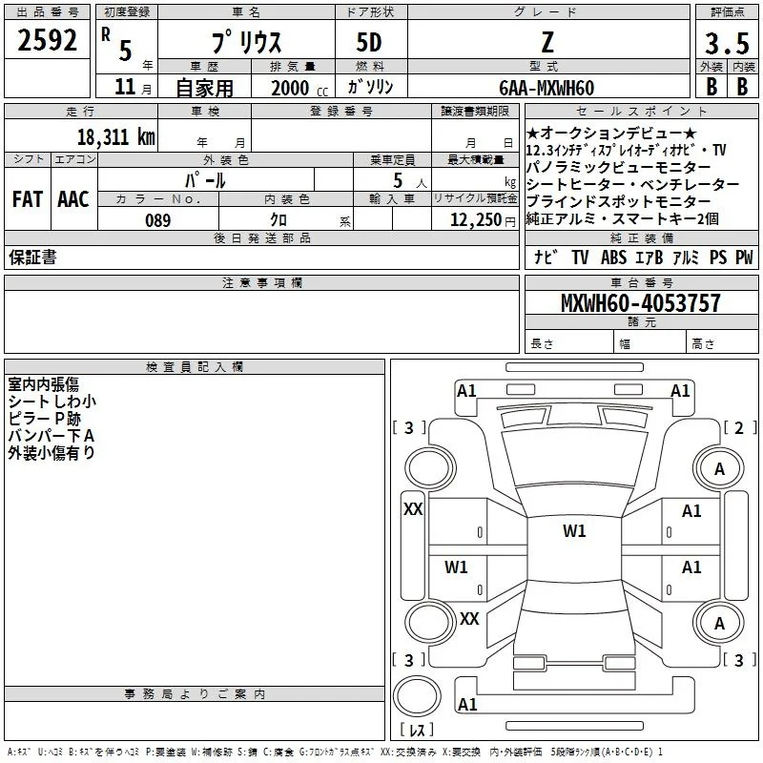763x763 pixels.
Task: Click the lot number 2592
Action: tap(47, 40)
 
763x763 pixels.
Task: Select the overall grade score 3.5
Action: tap(727, 43)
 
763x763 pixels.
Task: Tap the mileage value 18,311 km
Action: tap(116, 136)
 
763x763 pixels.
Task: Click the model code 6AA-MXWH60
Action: tap(546, 88)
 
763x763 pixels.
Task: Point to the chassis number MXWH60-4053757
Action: tap(640, 302)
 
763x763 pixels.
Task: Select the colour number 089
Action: tap(158, 220)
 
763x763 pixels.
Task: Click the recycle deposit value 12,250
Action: tap(475, 220)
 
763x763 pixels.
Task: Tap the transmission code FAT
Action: tap(28, 199)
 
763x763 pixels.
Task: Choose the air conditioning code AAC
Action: tap(73, 199)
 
